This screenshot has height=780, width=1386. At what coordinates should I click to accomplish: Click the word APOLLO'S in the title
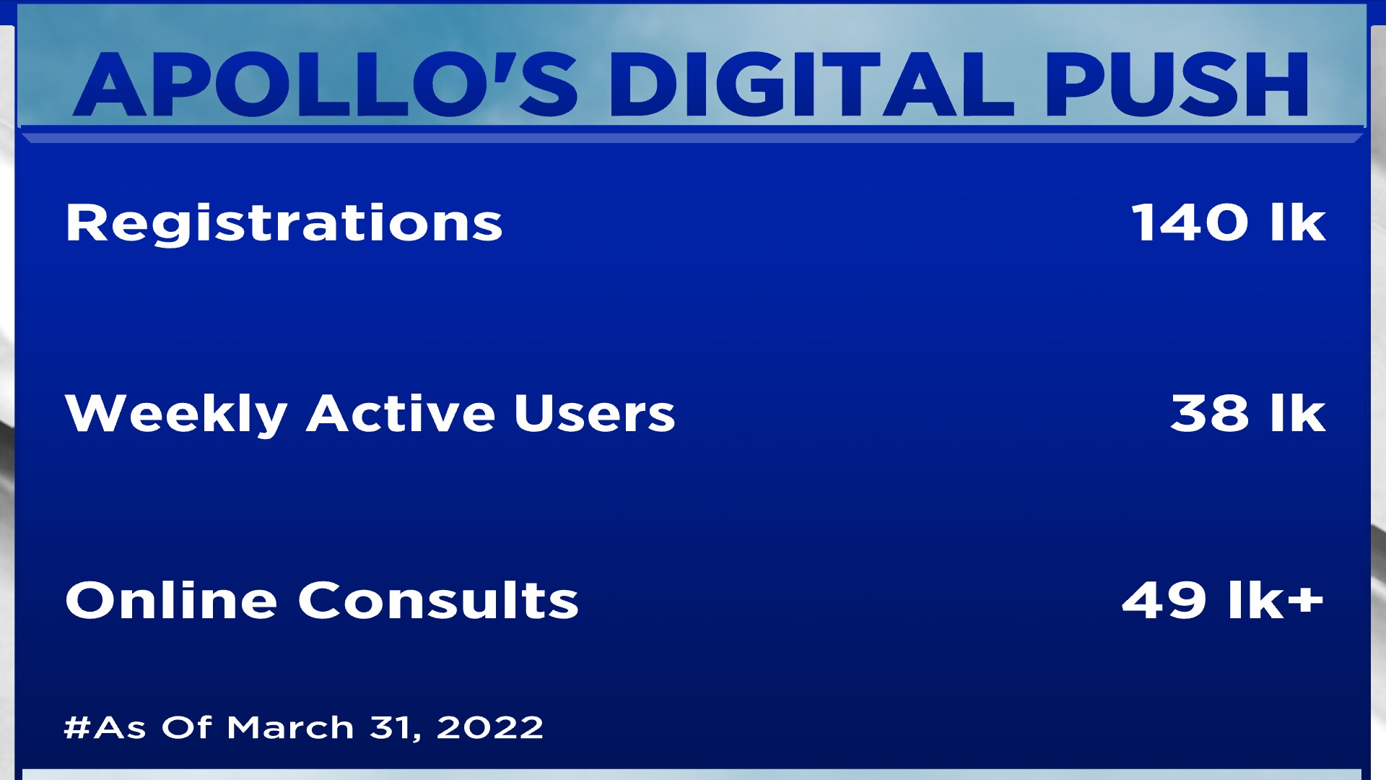click(326, 84)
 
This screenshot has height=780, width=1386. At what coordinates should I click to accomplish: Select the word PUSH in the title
click(1177, 84)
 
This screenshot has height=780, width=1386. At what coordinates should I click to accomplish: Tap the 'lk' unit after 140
click(1298, 222)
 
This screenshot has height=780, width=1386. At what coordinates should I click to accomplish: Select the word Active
click(401, 413)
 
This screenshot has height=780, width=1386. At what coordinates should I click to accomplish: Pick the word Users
click(594, 414)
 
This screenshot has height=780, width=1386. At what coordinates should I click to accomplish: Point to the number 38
click(1209, 413)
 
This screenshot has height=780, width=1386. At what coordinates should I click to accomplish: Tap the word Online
click(171, 599)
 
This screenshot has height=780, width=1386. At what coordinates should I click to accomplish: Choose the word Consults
click(438, 600)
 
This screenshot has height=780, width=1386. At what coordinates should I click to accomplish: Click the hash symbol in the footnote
click(78, 727)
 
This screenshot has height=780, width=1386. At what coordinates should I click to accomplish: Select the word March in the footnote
click(290, 727)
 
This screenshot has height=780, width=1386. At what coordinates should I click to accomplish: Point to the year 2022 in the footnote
click(490, 727)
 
